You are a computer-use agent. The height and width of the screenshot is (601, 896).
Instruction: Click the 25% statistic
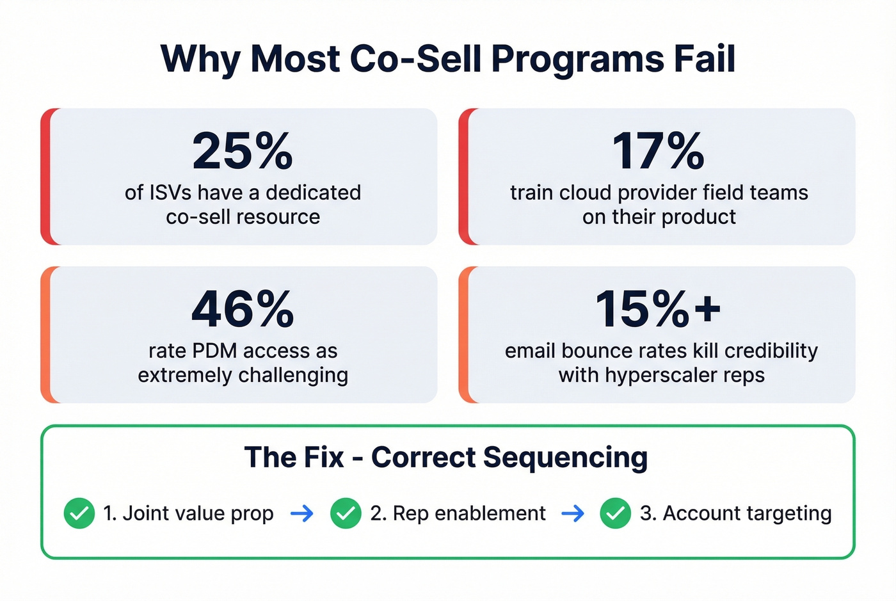click(x=243, y=151)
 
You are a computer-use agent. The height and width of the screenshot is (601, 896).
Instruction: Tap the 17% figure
click(x=658, y=151)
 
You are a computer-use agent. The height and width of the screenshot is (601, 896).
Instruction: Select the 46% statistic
click(x=243, y=309)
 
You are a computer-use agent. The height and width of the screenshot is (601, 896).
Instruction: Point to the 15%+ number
click(x=658, y=309)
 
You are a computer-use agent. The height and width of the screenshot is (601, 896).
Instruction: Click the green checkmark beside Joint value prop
click(x=79, y=513)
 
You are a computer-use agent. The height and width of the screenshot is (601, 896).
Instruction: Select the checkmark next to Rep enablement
click(x=346, y=513)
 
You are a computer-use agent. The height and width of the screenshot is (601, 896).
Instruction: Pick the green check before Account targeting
click(x=616, y=513)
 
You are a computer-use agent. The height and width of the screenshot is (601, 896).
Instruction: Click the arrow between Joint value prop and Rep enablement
click(x=302, y=513)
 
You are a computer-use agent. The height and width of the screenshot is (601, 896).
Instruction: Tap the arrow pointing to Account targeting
click(x=573, y=513)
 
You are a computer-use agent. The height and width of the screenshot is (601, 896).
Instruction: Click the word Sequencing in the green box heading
click(x=565, y=458)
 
